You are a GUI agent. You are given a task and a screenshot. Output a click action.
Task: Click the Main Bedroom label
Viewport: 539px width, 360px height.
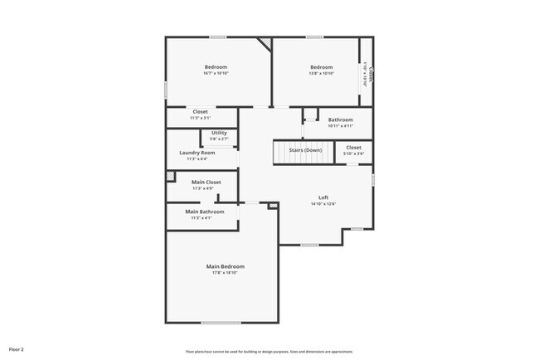[226, 266]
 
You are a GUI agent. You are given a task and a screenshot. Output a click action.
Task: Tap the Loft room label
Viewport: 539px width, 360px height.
[323, 197]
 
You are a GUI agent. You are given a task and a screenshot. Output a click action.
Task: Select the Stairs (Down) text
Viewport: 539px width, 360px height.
[305, 150]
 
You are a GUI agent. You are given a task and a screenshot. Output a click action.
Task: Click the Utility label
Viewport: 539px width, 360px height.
[219, 133]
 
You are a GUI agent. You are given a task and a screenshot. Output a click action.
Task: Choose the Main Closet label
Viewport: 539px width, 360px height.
[206, 182]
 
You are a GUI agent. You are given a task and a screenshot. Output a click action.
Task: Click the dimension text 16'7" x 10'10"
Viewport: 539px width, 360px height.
[216, 74]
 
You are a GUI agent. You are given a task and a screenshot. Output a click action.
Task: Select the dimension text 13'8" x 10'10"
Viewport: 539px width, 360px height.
[322, 74]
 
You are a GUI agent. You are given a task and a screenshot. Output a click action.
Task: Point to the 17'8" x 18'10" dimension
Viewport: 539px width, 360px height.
[226, 273]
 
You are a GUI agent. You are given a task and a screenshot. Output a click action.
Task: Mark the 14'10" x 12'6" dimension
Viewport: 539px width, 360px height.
[323, 204]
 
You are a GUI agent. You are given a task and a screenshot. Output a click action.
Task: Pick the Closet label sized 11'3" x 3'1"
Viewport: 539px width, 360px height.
[200, 112]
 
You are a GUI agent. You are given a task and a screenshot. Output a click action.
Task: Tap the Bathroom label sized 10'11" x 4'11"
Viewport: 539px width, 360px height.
[340, 119]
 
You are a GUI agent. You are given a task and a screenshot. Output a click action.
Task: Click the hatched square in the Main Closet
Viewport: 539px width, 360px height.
[171, 176]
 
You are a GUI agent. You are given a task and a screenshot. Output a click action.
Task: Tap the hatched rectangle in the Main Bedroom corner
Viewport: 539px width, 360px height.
[272, 206]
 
